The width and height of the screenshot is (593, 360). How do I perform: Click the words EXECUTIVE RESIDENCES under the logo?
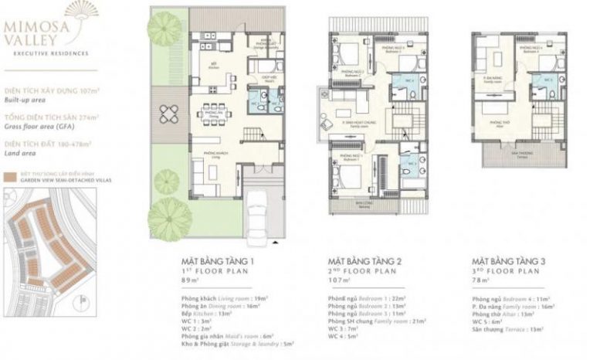pos(45,53)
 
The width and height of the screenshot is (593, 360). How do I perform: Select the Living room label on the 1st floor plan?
pos(205,155)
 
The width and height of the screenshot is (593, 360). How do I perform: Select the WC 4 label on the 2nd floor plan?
pos(408,80)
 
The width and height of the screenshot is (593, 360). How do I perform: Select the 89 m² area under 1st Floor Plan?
pos(191,283)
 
